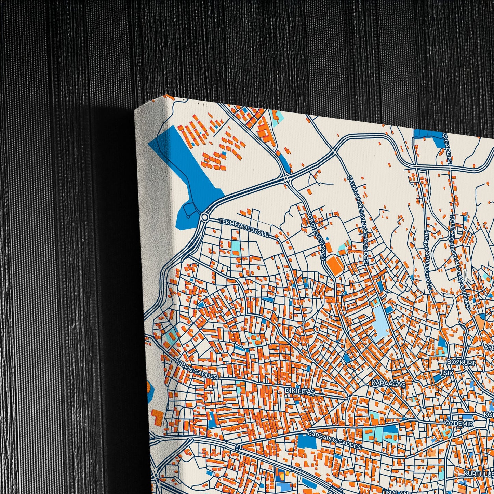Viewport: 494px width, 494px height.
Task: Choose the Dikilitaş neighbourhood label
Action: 299,391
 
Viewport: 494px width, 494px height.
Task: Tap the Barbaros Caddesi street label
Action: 335,440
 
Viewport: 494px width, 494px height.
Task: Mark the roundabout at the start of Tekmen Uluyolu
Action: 205,217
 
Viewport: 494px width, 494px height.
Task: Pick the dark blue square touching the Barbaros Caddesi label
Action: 307,441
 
